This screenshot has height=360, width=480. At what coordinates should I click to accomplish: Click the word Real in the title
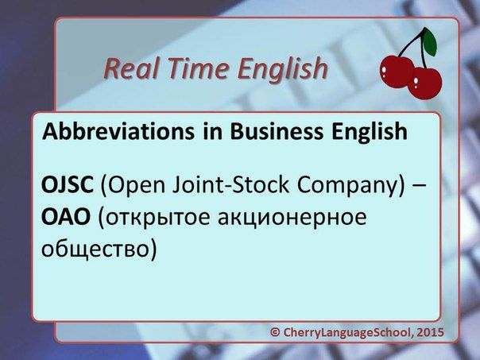pos(130,68)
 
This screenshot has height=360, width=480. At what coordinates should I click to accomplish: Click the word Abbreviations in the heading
pos(118,131)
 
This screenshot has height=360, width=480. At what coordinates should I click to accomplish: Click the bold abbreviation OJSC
pos(68,184)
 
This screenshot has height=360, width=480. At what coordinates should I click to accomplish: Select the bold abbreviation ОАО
pos(66,217)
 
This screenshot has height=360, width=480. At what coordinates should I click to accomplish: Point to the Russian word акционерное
pos(292,219)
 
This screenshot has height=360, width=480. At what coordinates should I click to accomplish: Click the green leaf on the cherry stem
pos(429,43)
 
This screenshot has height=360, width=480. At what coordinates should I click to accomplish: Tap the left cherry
pos(397,72)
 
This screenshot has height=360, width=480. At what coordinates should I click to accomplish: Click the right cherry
pos(425,83)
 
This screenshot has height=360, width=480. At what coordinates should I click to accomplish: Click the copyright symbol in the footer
pos(275,332)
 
